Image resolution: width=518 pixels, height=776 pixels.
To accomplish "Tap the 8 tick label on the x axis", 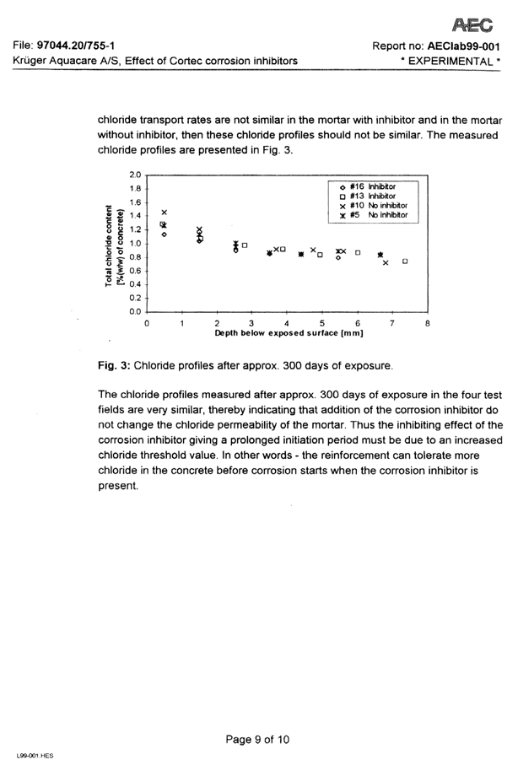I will [428, 323].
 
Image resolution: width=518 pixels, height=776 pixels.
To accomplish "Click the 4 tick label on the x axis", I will [287, 323].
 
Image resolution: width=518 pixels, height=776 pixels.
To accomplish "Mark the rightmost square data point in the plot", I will [406, 261].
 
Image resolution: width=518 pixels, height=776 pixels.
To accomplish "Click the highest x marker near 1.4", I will [165, 212].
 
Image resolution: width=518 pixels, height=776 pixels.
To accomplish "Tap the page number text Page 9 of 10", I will [258, 740].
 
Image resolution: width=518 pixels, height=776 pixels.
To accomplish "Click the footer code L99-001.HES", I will [35, 757].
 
